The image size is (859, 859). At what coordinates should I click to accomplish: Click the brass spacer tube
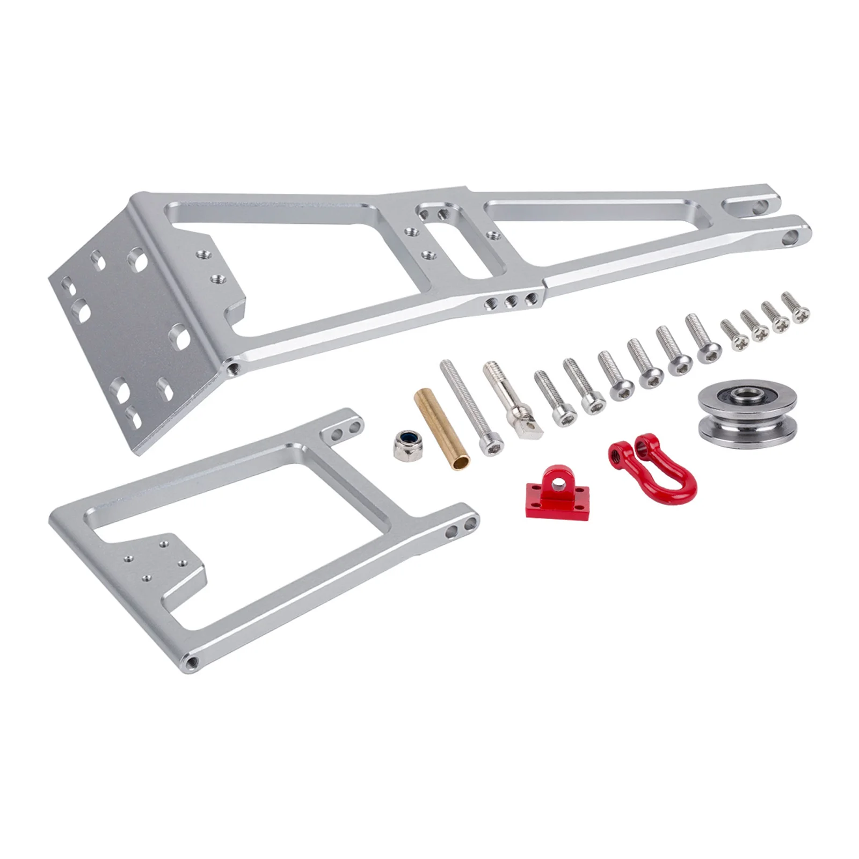click(441, 429)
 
